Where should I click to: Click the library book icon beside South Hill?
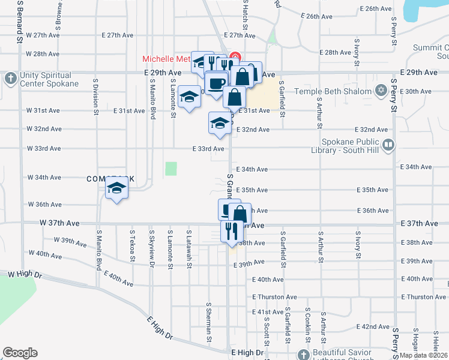click(388, 145)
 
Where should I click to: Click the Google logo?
click(20, 353)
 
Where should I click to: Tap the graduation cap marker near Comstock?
click(116, 189)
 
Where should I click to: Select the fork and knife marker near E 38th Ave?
click(230, 230)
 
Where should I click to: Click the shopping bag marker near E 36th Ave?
click(240, 214)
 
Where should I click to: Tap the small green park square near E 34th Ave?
click(172, 169)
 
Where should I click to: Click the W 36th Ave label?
click(44, 205)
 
